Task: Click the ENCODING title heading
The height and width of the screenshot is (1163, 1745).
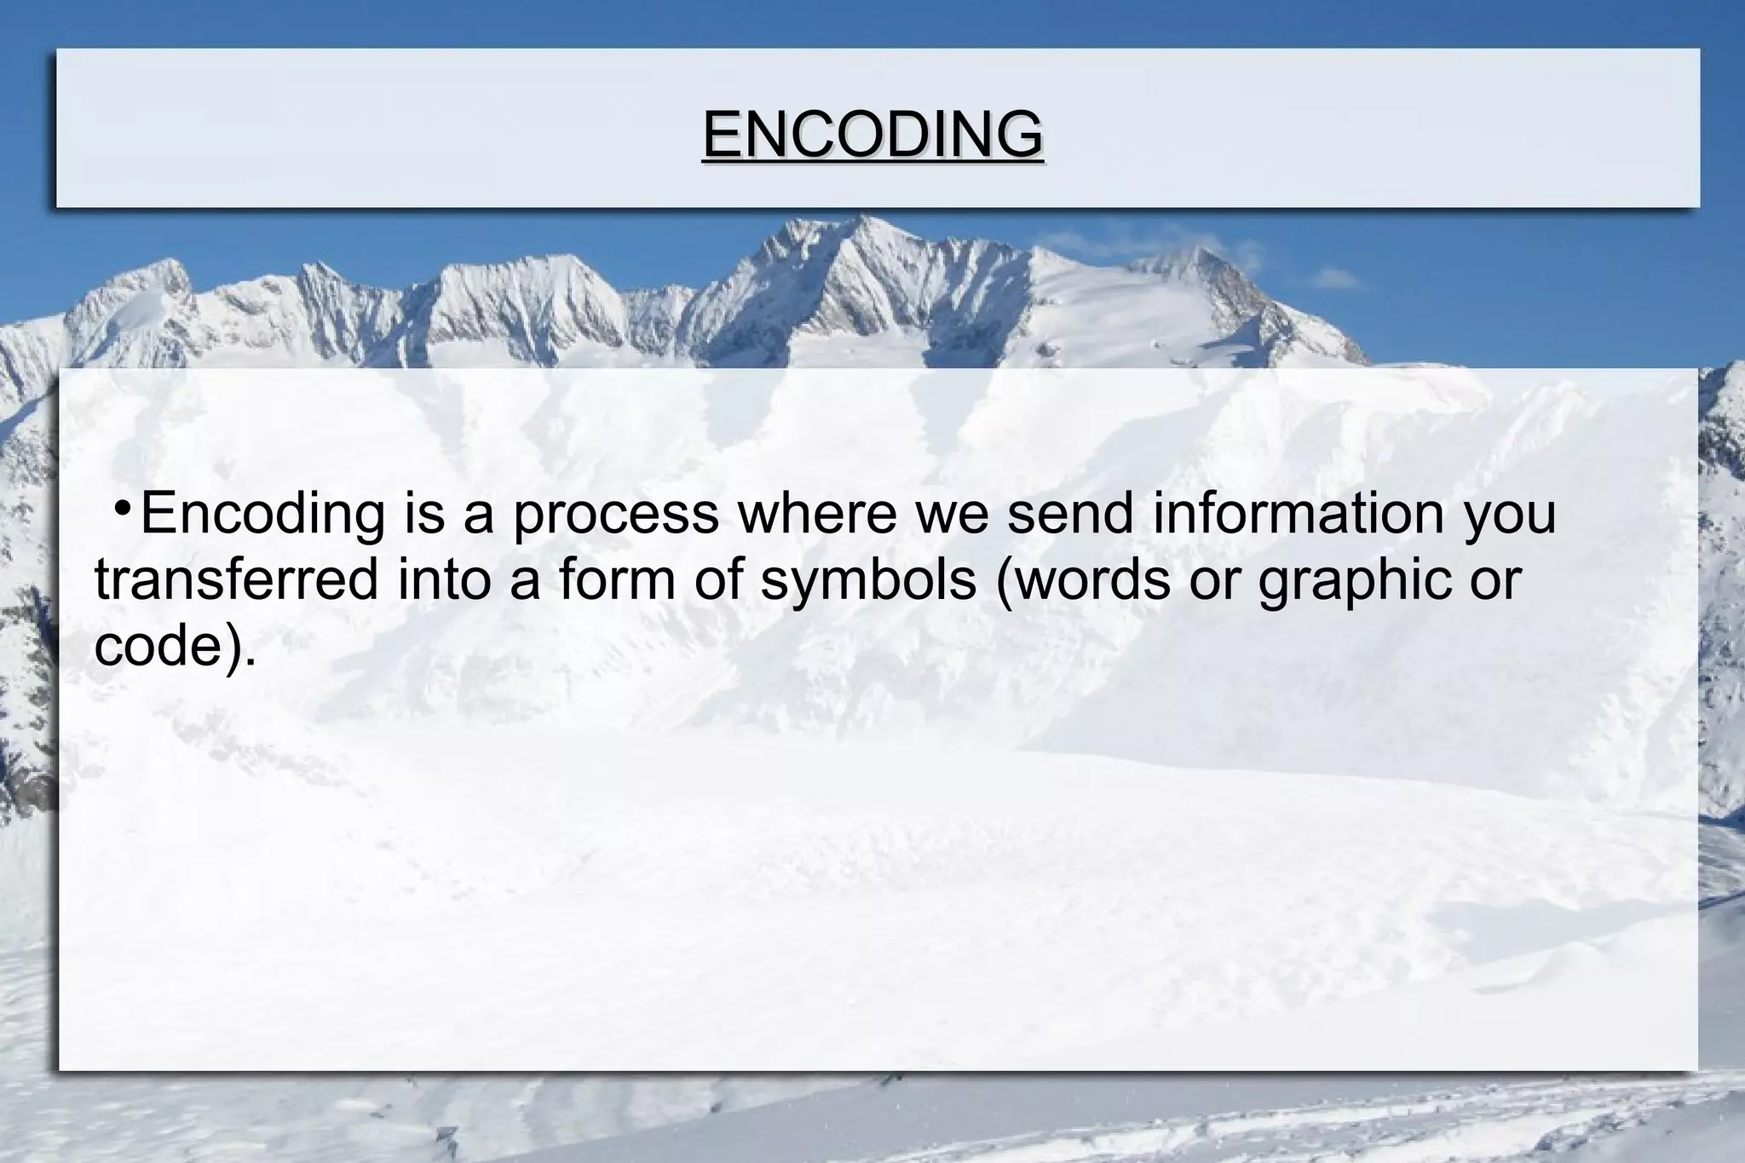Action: (872, 135)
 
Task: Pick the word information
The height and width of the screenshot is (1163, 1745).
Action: (1298, 514)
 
